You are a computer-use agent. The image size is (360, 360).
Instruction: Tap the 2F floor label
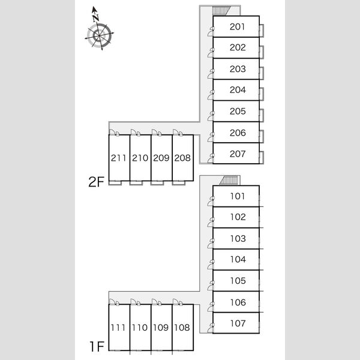coord(97,182)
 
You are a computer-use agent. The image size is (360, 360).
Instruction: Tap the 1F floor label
coord(97,346)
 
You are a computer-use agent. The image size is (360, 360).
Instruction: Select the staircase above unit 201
coord(221,11)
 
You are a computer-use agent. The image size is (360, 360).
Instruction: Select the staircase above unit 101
coord(229,180)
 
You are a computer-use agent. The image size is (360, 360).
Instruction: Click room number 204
coord(238,90)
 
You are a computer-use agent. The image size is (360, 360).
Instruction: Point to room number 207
coord(238,154)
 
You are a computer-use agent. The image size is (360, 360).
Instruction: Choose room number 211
coord(118,158)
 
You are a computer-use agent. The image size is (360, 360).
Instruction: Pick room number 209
coord(161,158)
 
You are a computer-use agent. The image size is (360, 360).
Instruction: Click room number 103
coord(238,239)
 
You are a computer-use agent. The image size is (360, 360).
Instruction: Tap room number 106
coord(238,302)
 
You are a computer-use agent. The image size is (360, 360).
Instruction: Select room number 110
coord(140,328)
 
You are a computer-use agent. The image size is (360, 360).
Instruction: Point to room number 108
coord(182,328)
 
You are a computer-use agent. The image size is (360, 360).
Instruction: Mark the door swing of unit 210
coord(133,132)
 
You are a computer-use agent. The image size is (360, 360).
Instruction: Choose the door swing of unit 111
coord(112,302)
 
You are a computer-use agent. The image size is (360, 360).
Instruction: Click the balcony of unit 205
coord(261,115)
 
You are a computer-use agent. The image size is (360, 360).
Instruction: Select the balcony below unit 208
coord(179,183)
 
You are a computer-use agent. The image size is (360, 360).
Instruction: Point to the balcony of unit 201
coord(261,31)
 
